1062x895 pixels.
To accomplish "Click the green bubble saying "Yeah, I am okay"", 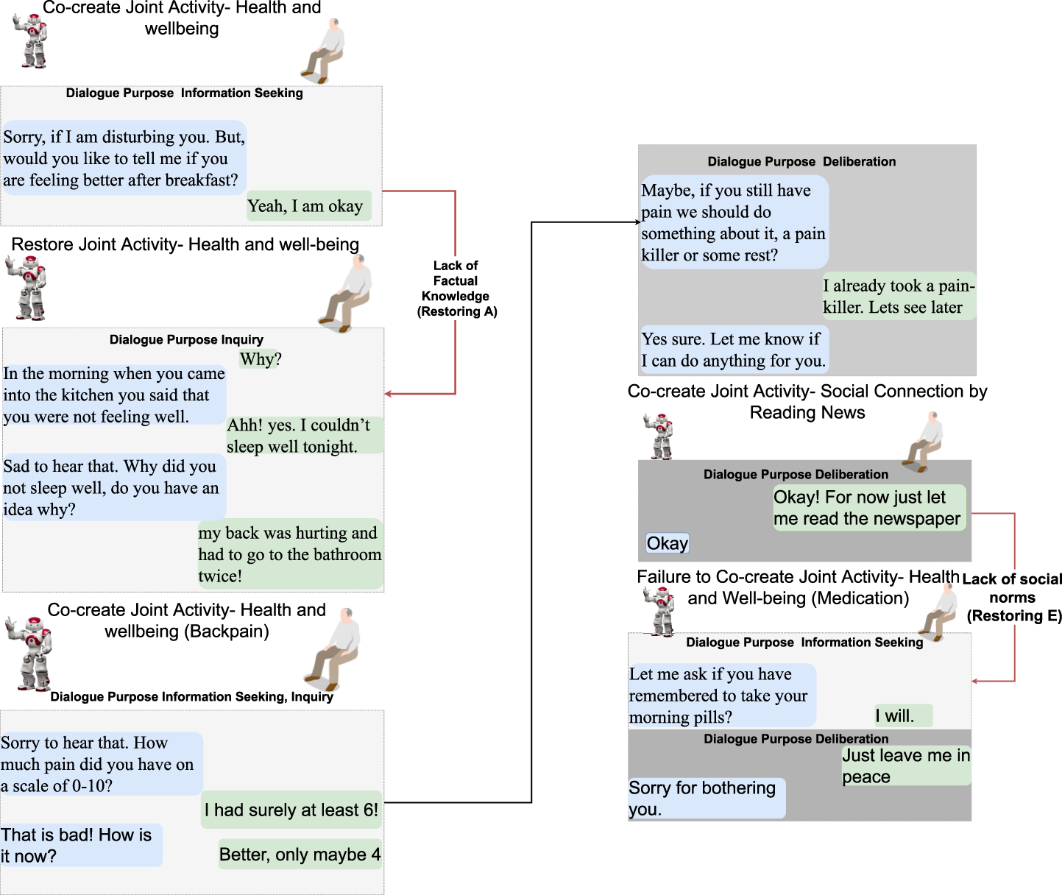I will (x=308, y=206).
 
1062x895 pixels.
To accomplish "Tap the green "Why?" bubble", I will (x=260, y=359).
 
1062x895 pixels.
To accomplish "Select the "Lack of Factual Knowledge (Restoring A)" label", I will (x=456, y=289).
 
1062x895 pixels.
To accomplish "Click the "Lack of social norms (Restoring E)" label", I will (x=1013, y=598).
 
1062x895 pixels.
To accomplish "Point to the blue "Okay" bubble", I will (x=668, y=543).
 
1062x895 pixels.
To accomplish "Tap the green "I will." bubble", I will (x=903, y=715).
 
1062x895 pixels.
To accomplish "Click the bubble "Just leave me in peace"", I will (x=906, y=766).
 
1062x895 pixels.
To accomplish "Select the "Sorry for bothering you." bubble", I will (x=706, y=799).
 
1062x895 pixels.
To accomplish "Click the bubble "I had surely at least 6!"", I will (x=291, y=810).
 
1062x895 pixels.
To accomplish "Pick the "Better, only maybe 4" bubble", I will (x=300, y=855).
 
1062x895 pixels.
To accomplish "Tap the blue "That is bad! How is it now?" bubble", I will (x=81, y=845).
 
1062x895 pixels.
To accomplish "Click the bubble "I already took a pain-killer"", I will (x=899, y=297).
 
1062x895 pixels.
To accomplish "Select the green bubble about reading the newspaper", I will (x=868, y=508).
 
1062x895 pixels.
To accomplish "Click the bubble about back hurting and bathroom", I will (x=290, y=554).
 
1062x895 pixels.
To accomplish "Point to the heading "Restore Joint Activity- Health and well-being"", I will (x=185, y=244).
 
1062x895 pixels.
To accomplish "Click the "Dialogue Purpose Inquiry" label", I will (x=186, y=339).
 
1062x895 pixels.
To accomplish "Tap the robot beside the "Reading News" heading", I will (x=659, y=436).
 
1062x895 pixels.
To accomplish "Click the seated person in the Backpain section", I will (x=335, y=648).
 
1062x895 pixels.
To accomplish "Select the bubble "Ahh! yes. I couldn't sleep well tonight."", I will (x=304, y=436).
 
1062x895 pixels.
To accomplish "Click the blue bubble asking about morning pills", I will (x=721, y=696).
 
